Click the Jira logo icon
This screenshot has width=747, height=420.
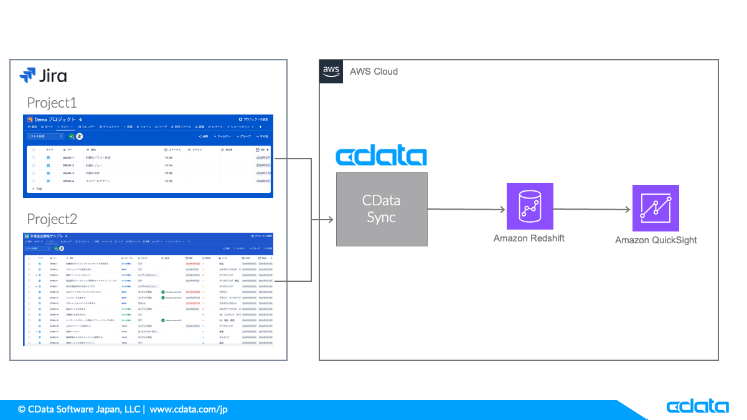(27, 76)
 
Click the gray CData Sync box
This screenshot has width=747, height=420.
(382, 209)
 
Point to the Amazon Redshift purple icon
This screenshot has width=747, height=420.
(530, 207)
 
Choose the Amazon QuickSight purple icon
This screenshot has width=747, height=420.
(655, 208)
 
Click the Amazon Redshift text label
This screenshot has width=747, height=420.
(529, 238)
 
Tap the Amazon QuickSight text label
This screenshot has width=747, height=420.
(655, 240)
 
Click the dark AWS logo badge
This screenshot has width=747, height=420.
(331, 72)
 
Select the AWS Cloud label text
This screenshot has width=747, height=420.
(374, 72)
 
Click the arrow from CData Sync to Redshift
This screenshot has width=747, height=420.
(467, 209)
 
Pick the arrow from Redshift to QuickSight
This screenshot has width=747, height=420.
(592, 209)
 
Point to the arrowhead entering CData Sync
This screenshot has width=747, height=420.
(331, 220)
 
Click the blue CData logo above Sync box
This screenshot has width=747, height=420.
(381, 156)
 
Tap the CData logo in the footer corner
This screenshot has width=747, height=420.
(697, 407)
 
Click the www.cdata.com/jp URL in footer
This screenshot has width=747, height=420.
(189, 409)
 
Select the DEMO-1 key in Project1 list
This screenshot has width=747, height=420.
(68, 158)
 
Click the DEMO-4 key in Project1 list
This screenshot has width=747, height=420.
(68, 181)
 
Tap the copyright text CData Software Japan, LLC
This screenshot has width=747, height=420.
(80, 409)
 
